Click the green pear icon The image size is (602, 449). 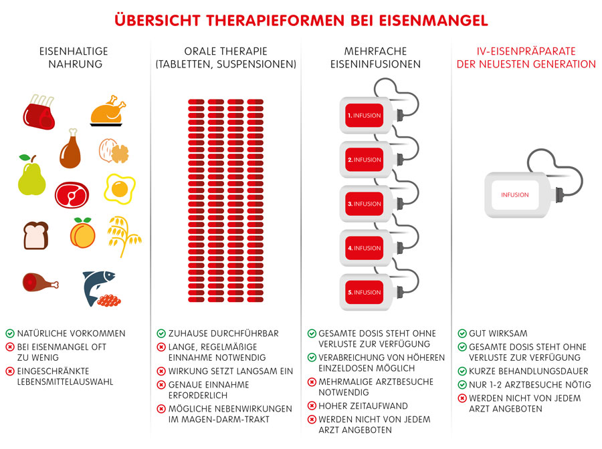tap(30, 177)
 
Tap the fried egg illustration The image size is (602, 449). tap(120, 188)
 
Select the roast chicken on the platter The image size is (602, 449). tap(108, 111)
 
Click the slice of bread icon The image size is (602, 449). tap(36, 235)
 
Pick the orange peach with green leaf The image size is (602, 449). tap(82, 233)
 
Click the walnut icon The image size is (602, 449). tap(114, 150)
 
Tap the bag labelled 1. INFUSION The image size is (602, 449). tap(365, 116)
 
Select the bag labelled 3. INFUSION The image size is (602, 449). tap(365, 204)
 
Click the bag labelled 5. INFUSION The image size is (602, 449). tap(365, 292)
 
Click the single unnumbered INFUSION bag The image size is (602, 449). tap(515, 195)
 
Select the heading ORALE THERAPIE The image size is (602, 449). tap(225, 51)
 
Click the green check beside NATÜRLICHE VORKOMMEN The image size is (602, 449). tap(10, 333)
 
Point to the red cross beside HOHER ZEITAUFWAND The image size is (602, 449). tap(312, 406)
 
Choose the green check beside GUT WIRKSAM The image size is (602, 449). tap(462, 333)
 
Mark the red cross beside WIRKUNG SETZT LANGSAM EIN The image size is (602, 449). tap(161, 371)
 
